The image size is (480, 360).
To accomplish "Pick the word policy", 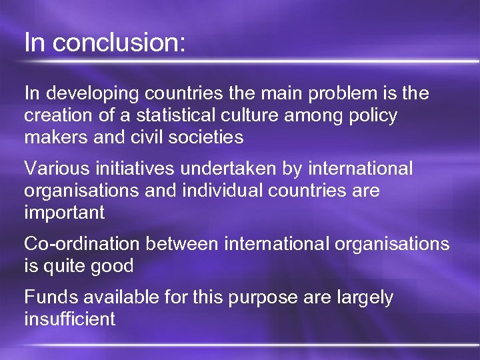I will (369, 116).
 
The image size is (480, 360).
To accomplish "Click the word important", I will (64, 213).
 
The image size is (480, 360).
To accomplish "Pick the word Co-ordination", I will (83, 244).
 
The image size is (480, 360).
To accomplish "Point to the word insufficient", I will (69, 319).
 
